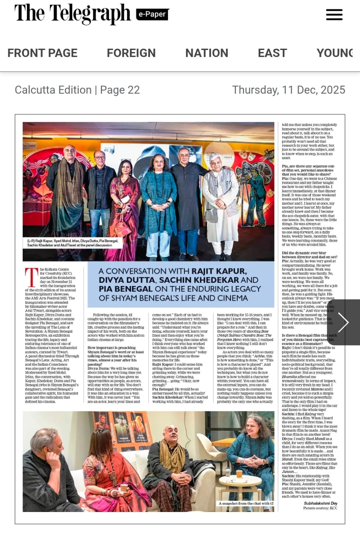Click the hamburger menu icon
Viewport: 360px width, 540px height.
coord(334,15)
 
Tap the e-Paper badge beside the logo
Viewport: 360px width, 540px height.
coord(152,14)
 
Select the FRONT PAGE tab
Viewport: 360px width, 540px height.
coord(43,53)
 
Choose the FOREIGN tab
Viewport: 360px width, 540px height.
coord(131,53)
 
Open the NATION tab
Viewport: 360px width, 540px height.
coord(207,53)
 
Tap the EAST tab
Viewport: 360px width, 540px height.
coord(272,53)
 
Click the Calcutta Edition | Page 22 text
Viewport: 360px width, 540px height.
coord(77,90)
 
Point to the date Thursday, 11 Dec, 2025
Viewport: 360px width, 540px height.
coord(288,90)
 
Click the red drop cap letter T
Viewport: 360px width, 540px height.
coord(31,277)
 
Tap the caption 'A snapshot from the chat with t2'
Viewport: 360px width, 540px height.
coord(246,503)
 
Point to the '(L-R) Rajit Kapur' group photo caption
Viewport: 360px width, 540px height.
coord(73,243)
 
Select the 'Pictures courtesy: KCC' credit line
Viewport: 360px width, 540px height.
coord(320,508)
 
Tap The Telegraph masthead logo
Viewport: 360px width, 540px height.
coord(72,14)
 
